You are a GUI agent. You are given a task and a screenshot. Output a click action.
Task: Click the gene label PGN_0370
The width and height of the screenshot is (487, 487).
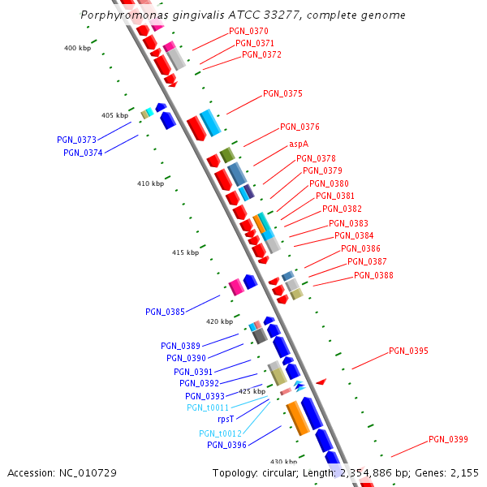point(248,31)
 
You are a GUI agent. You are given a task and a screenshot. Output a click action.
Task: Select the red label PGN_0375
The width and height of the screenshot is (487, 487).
point(282,94)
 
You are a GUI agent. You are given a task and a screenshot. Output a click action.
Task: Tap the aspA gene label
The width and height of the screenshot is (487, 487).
point(299,144)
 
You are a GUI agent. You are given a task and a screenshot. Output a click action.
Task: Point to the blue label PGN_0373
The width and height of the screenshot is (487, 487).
point(76,140)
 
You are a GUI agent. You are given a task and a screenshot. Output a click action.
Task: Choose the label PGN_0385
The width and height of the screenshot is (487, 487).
point(165,312)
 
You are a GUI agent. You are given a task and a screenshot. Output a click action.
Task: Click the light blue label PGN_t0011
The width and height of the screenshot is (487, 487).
point(207,407)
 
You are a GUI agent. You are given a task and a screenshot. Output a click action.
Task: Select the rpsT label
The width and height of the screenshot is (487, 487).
point(226,420)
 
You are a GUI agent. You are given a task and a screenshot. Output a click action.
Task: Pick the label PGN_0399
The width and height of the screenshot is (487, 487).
point(448,440)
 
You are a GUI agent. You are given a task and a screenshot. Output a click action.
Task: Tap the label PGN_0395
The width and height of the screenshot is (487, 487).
point(408,351)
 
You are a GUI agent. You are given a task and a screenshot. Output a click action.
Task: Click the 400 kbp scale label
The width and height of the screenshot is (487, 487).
point(77,49)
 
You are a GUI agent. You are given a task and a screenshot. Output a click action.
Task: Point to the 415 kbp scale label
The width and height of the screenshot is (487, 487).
point(185,253)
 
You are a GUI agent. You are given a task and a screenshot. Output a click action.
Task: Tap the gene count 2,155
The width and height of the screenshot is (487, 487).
point(462,473)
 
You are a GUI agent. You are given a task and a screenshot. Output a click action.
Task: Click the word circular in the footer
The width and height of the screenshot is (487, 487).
point(287,473)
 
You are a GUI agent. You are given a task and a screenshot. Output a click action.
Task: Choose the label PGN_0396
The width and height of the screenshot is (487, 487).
point(226,445)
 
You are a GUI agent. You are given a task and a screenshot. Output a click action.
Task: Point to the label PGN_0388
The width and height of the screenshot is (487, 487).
point(373,276)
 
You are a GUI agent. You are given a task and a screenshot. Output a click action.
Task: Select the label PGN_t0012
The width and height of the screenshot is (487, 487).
point(220,433)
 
